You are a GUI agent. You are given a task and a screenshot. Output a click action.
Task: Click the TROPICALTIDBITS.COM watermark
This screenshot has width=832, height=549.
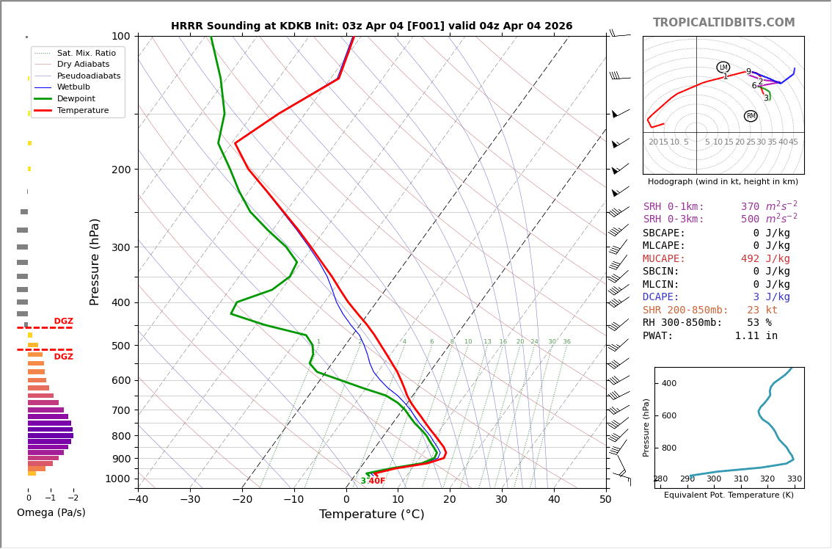[723, 23]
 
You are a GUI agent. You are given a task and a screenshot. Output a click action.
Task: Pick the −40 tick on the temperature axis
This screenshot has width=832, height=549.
[138, 500]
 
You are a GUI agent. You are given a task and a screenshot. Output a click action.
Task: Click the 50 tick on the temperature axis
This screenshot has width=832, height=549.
[605, 500]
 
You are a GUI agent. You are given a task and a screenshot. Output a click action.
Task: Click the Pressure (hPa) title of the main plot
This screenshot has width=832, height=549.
[95, 261]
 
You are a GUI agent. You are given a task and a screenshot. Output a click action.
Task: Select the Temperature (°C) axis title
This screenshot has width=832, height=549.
[371, 515]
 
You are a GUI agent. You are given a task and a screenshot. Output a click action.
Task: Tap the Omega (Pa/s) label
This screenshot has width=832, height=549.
[51, 512]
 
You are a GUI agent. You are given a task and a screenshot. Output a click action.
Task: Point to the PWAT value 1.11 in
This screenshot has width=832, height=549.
[756, 336]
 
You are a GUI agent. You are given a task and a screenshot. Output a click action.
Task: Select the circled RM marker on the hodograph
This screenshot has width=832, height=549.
[751, 116]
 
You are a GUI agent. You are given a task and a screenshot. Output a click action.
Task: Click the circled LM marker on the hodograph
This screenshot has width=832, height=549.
[723, 68]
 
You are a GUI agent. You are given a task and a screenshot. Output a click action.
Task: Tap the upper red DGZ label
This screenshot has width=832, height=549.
[64, 321]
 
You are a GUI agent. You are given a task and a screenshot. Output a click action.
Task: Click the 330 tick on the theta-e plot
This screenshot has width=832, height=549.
[795, 479]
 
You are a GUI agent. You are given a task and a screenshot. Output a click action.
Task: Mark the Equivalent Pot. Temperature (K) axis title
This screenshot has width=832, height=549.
[729, 495]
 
